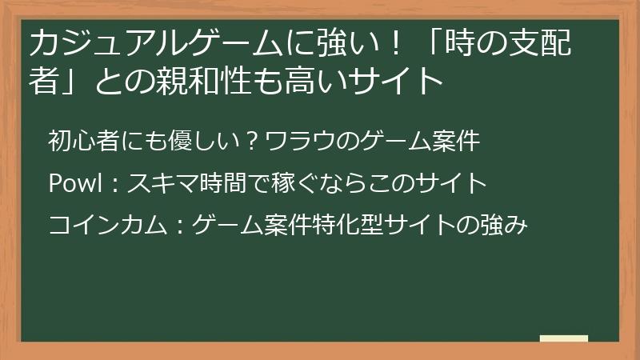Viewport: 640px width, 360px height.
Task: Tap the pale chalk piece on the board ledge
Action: tap(563, 338)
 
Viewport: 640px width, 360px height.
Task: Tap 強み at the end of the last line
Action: tap(503, 225)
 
